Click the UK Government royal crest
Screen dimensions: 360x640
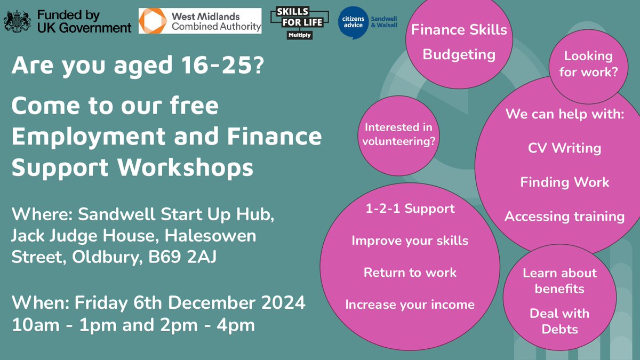17,21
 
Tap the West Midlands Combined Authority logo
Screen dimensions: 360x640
200,21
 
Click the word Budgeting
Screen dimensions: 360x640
459,54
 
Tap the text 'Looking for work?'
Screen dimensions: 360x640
588,63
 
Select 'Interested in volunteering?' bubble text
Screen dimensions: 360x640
398,134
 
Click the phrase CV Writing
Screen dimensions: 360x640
564,148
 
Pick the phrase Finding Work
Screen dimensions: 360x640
564,182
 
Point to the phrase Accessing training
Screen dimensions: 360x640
564,216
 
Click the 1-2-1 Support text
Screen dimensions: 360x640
410,209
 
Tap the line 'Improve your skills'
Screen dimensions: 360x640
410,241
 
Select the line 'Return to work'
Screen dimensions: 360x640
410,273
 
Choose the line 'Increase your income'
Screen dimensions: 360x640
410,305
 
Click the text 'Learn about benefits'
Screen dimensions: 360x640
559,281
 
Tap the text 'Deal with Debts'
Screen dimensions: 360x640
559,321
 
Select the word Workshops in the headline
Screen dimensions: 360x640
185,167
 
